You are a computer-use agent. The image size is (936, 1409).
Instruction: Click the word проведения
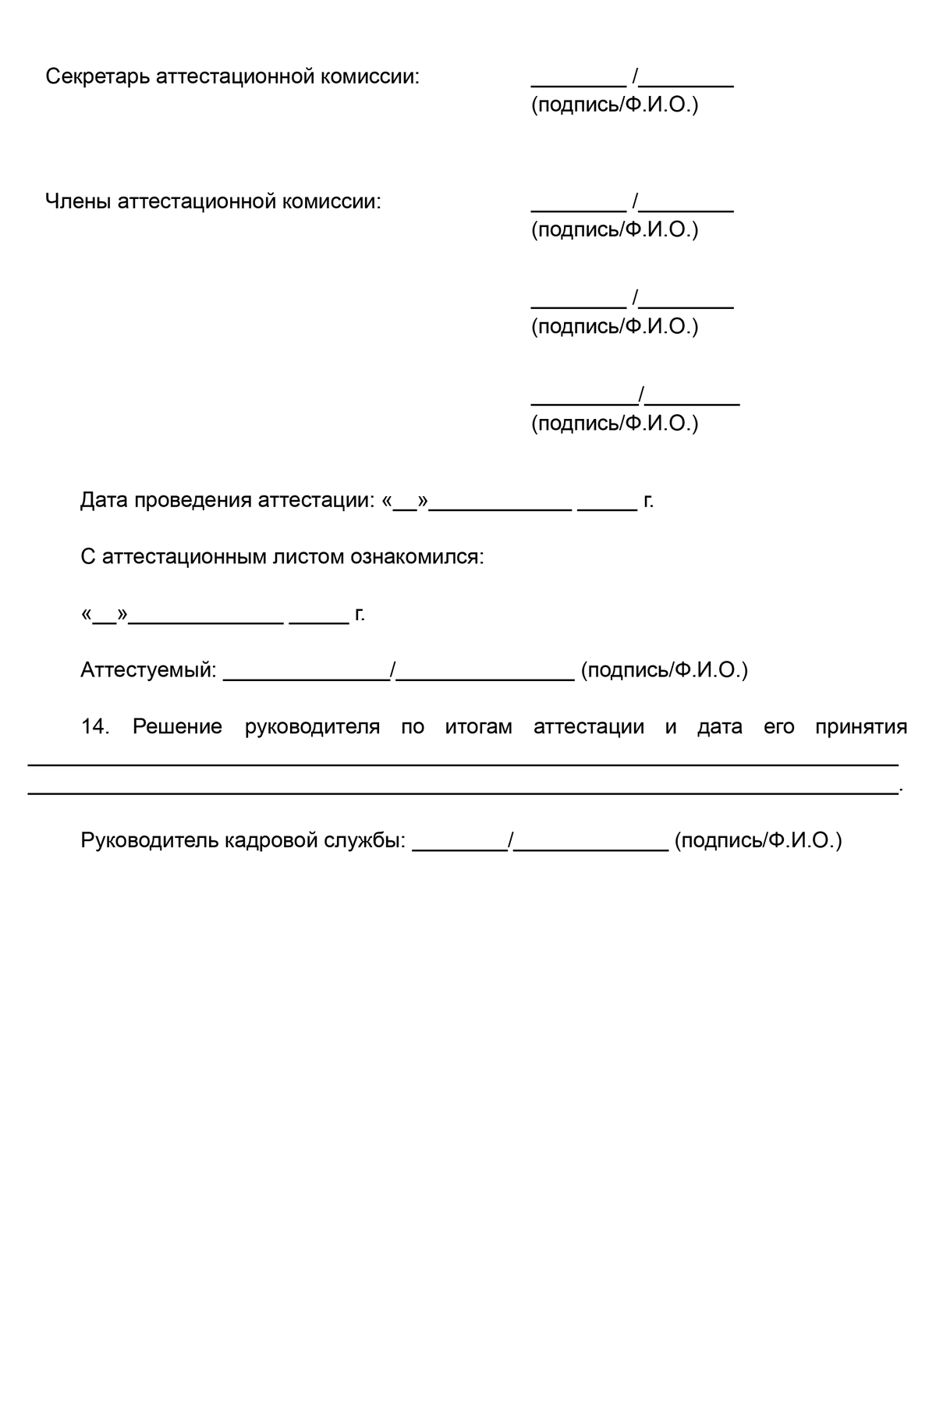(193, 501)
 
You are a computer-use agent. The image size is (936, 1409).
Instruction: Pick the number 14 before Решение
(94, 727)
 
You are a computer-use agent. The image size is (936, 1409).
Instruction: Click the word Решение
(177, 727)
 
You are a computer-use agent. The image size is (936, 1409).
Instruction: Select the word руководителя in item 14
(312, 727)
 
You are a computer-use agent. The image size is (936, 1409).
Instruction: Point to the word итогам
(478, 727)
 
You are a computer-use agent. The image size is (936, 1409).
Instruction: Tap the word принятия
(861, 727)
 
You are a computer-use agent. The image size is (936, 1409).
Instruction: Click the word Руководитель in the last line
(149, 841)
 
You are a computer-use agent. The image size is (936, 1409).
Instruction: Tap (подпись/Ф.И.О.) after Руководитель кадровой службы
(758, 841)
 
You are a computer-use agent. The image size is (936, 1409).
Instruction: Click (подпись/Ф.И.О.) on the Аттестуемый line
(664, 670)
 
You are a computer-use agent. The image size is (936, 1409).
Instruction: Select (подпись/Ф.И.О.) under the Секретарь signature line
(615, 105)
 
